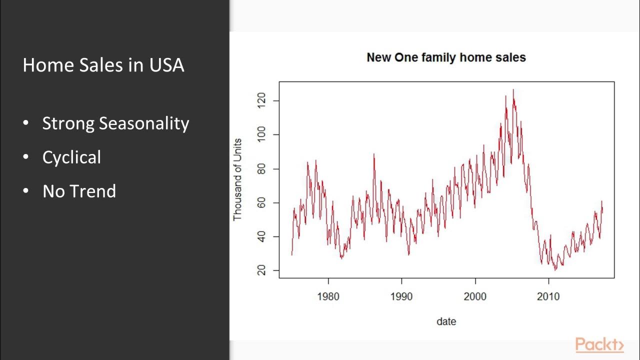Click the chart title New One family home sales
click(x=446, y=57)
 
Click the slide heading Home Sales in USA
click(x=103, y=65)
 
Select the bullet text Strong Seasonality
click(x=115, y=123)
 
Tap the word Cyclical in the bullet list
click(x=71, y=157)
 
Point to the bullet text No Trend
click(x=79, y=191)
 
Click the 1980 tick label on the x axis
click(x=328, y=296)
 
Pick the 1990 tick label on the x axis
click(x=401, y=296)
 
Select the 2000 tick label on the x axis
click(x=475, y=296)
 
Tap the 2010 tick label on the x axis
click(x=548, y=296)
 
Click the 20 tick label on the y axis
click(x=261, y=270)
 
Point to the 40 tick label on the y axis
click(x=261, y=236)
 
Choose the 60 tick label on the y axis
click(x=261, y=203)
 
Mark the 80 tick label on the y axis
click(x=261, y=169)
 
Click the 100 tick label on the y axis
click(x=261, y=135)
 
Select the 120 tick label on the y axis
click(x=261, y=101)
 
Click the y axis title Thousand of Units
click(x=237, y=179)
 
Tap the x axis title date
click(x=446, y=321)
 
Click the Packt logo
click(x=599, y=345)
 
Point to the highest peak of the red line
click(x=513, y=90)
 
